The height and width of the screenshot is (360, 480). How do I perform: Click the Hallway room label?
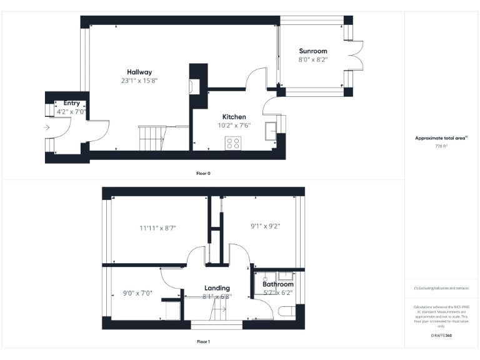[x=139, y=72]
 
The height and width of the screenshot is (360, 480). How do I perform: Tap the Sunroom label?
[x=312, y=51]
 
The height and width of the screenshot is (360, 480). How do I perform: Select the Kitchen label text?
[x=234, y=117]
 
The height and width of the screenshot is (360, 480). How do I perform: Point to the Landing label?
[x=217, y=288]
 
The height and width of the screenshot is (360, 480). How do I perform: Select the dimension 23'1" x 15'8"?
[x=139, y=81]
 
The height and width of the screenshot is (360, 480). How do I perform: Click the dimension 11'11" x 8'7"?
[x=157, y=228]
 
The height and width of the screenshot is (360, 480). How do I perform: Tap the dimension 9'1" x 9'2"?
[x=265, y=226]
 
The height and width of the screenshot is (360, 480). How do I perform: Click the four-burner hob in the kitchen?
[x=233, y=143]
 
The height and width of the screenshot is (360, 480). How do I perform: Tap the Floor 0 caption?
[x=203, y=173]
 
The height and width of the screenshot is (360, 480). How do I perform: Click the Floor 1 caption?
[x=203, y=342]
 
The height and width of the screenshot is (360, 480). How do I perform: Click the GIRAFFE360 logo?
[x=441, y=336]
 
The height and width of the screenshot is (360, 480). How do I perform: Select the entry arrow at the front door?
[x=47, y=127]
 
